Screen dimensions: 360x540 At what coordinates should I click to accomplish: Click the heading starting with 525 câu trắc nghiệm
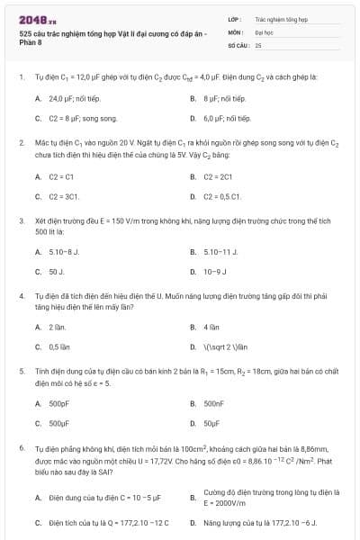coord(112,38)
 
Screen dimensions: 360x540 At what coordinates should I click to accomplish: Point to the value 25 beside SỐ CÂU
coord(258,44)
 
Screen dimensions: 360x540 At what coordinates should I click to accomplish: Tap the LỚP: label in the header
coord(235,18)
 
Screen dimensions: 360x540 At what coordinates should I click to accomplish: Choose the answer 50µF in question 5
coord(213,422)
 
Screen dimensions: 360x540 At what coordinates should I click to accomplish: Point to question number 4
coord(22,295)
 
